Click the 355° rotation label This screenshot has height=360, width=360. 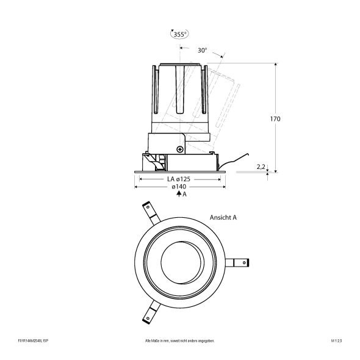pos(179,35)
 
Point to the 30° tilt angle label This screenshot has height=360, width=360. pos(203,51)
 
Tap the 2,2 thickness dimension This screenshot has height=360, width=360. pos(261,165)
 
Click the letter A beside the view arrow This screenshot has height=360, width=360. pos(184,194)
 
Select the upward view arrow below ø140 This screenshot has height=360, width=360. pos(178,193)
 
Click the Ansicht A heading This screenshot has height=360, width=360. pos(223,217)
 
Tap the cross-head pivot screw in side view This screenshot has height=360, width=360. pos(180,148)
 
